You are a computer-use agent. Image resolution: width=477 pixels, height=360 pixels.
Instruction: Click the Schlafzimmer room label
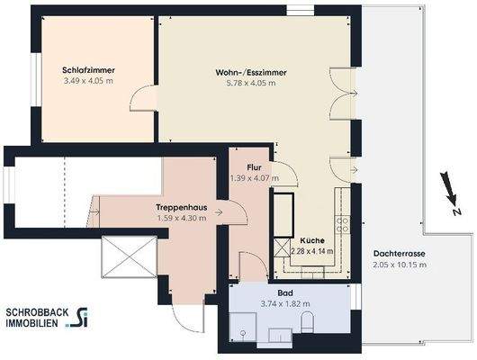(88, 69)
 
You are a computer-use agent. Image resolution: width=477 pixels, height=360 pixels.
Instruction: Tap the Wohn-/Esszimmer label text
(246, 71)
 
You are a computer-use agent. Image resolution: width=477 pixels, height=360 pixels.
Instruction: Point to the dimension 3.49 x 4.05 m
(88, 81)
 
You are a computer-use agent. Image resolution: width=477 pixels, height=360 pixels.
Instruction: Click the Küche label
(314, 240)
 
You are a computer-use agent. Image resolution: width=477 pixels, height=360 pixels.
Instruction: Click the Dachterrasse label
(400, 254)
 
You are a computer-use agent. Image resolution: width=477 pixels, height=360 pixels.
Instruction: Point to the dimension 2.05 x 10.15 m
(400, 265)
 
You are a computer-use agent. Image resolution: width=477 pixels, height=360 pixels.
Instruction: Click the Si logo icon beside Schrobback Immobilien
(83, 316)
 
